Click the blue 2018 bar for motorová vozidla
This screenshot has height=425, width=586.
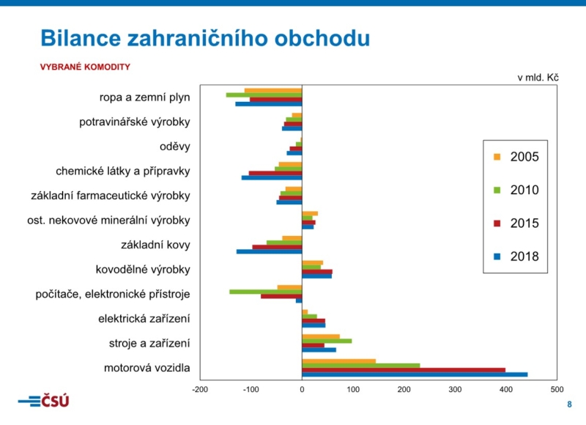coord(415,374)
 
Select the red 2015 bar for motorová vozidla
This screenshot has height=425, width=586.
coord(404,370)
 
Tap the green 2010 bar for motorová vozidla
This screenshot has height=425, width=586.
coord(360,365)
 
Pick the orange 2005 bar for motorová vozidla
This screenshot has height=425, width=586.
coord(338,361)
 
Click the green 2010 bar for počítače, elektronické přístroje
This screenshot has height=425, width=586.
coord(265,292)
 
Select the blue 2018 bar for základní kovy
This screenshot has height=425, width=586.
coord(269,251)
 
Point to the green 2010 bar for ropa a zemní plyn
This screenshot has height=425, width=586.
coord(264,95)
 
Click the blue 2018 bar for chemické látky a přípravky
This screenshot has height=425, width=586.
coord(272,177)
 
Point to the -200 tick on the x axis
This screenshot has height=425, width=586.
coord(200,389)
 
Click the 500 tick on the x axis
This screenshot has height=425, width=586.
coord(557,389)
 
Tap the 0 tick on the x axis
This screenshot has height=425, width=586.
coord(302,389)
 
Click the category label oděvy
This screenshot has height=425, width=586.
coord(175,147)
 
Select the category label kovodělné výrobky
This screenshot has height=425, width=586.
coord(143,270)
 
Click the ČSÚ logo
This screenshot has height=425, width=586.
coord(44,401)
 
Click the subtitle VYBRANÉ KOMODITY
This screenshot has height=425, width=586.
coord(85,67)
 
